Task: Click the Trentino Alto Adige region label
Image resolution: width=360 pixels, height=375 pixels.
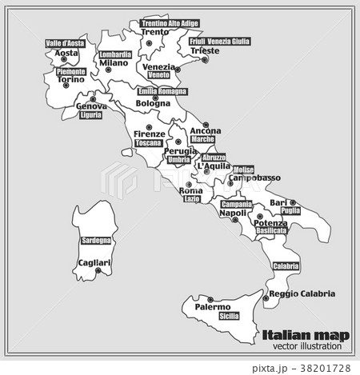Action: (170, 23)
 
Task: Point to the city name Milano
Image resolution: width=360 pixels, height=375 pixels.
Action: (114, 63)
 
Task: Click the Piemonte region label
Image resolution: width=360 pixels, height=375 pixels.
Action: (71, 72)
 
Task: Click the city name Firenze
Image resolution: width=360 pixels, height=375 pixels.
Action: (150, 133)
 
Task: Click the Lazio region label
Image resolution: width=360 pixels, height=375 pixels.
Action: (192, 199)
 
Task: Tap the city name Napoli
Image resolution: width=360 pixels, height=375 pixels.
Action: (232, 213)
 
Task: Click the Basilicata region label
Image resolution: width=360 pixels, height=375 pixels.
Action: (270, 230)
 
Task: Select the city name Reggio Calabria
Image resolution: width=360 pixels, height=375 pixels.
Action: (302, 293)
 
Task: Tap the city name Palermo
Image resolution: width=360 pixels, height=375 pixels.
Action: (213, 307)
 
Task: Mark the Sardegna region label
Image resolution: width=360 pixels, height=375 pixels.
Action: (97, 241)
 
